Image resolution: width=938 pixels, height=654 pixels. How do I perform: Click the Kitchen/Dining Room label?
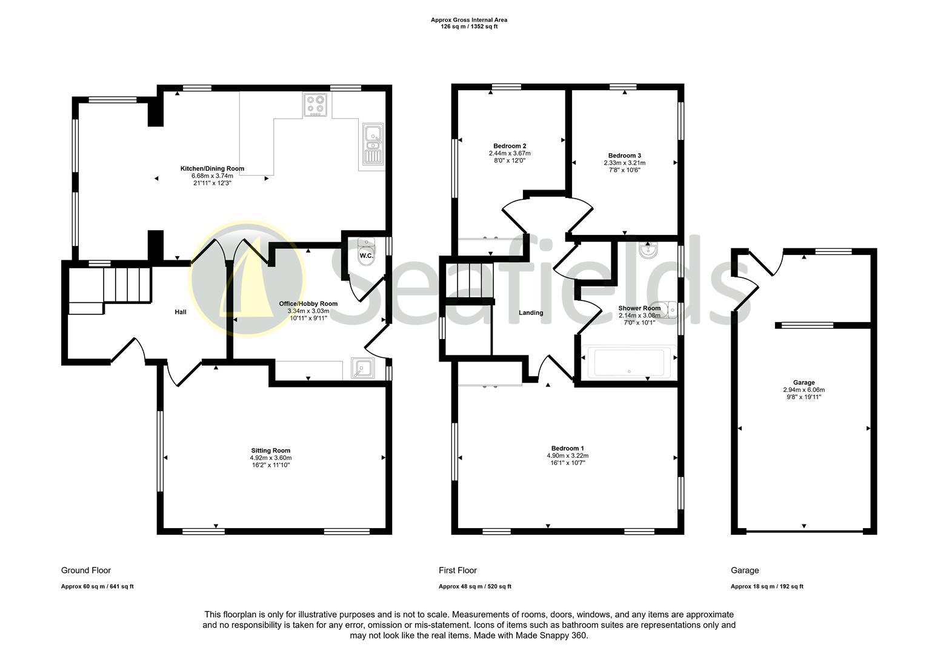(x=212, y=168)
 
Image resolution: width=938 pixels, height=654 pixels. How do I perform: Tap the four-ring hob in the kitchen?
(x=315, y=105)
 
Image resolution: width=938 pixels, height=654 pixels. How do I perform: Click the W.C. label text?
(x=366, y=256)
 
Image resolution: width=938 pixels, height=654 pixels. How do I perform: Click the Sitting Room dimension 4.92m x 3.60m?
(x=271, y=458)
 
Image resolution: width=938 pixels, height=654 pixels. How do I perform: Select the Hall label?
(x=181, y=312)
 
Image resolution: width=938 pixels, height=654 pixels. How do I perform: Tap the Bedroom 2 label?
(x=510, y=146)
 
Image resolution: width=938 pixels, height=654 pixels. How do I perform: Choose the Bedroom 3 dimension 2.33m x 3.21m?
(x=624, y=163)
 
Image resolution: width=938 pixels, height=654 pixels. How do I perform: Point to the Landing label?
(x=531, y=313)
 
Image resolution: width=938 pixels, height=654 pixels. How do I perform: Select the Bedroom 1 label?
(x=567, y=448)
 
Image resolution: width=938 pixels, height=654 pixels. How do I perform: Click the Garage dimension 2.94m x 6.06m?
(x=803, y=390)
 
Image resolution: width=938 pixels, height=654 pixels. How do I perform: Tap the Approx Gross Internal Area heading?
(x=469, y=20)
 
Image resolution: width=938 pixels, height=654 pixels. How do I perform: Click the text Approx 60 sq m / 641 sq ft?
(x=97, y=586)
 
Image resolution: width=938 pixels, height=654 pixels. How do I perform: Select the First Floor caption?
(x=457, y=570)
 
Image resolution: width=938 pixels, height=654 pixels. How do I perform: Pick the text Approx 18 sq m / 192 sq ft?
(x=767, y=586)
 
